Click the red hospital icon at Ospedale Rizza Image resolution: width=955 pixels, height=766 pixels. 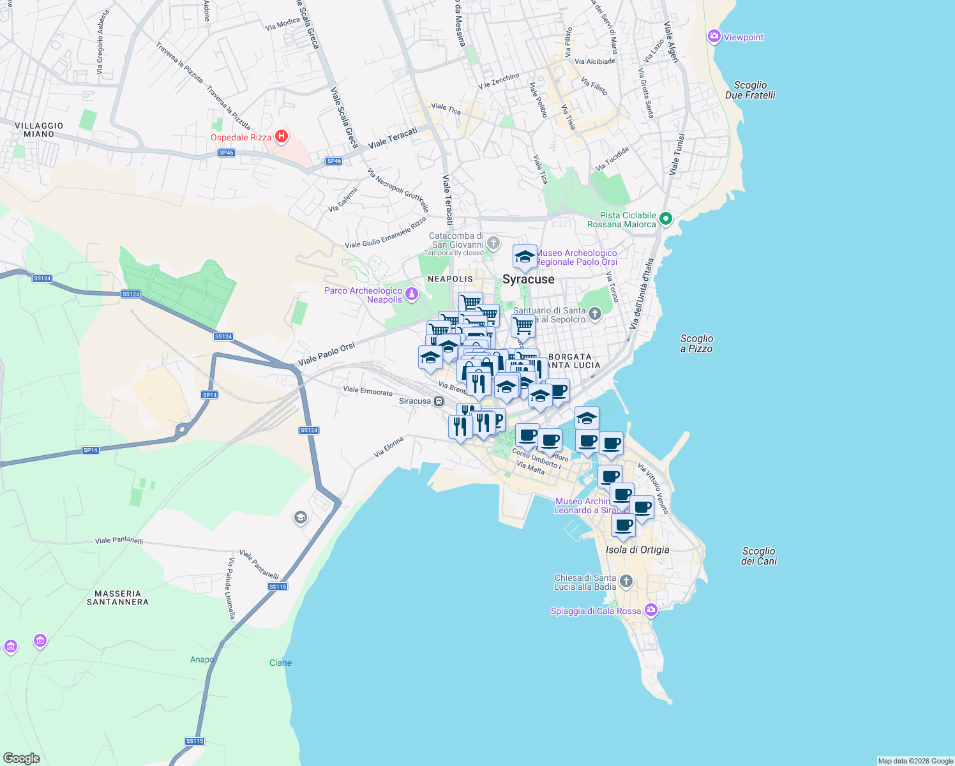click(281, 137)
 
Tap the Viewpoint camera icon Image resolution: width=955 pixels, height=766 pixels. click(714, 36)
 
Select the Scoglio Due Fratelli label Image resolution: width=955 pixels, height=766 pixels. click(750, 90)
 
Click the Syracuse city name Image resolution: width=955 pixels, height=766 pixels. click(528, 280)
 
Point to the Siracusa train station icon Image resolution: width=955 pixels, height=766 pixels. click(439, 401)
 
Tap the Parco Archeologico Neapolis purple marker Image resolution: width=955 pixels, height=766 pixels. click(412, 294)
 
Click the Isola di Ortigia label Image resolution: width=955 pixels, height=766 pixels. click(637, 550)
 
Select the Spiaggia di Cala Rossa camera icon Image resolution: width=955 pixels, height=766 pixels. click(650, 610)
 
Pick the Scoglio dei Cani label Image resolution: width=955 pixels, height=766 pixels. click(758, 556)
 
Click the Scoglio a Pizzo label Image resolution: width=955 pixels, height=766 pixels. click(696, 343)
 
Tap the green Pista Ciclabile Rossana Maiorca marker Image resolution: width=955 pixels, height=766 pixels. click(665, 219)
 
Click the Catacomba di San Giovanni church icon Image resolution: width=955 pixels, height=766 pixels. click(493, 243)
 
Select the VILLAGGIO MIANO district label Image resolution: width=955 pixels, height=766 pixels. click(39, 130)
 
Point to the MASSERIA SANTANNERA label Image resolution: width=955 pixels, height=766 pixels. click(117, 597)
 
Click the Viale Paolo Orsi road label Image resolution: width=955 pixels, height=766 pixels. click(326, 355)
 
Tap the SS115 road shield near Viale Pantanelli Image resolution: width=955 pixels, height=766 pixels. click(278, 586)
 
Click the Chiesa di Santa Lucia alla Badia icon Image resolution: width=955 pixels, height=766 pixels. click(626, 581)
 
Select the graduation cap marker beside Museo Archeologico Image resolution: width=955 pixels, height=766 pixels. click(525, 257)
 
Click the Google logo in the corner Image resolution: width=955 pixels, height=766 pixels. click(21, 758)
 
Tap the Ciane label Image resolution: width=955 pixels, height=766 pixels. click(280, 663)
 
